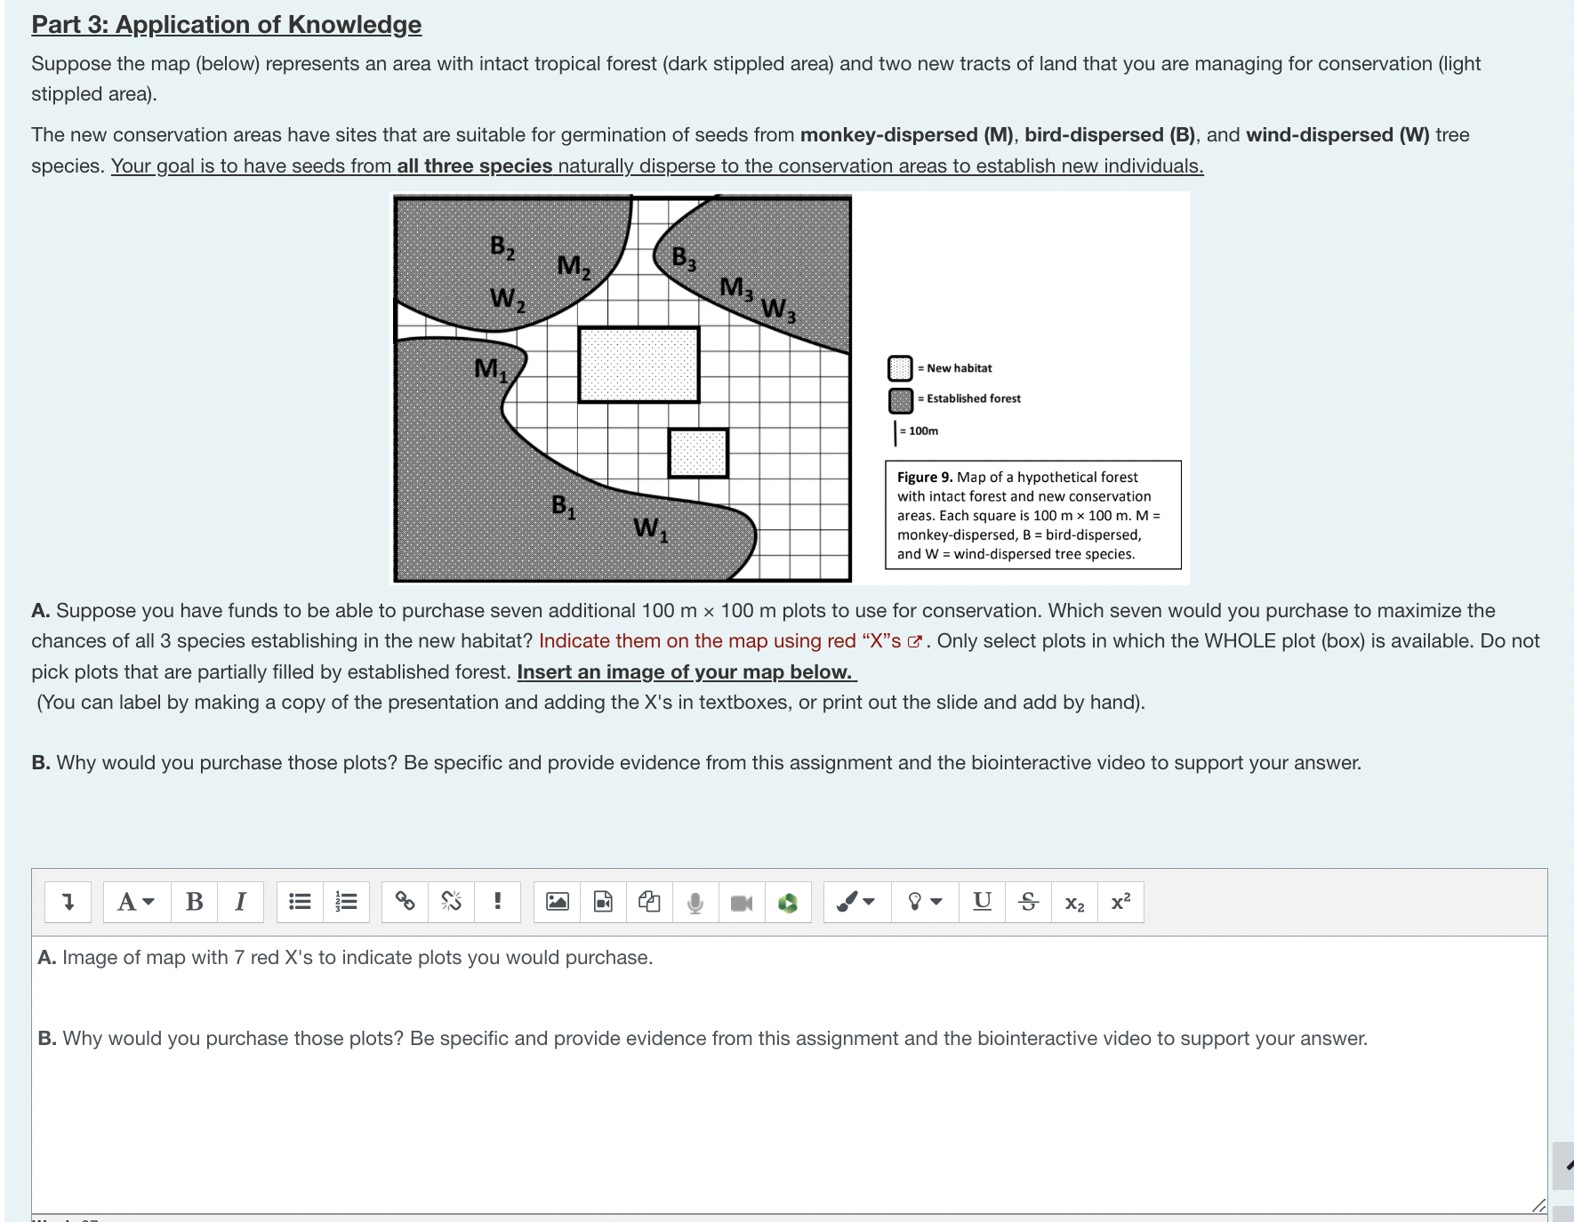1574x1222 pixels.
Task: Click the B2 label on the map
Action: coord(502,247)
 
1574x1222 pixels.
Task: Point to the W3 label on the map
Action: coord(778,310)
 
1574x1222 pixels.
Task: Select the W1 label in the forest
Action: coord(650,529)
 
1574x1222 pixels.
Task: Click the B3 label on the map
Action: coord(684,259)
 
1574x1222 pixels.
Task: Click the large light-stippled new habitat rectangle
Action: coord(638,365)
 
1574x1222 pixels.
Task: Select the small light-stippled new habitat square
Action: coord(698,453)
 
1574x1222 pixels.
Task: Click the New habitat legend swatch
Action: coord(900,368)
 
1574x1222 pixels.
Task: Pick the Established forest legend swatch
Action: coord(900,399)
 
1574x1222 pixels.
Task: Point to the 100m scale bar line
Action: coord(895,432)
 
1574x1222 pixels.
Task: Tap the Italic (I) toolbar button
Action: coord(240,902)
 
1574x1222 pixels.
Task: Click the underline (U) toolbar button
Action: coord(982,902)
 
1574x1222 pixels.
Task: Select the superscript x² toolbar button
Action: coord(1120,902)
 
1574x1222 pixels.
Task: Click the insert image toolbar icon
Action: coord(557,902)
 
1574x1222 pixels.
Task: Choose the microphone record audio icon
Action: coord(695,902)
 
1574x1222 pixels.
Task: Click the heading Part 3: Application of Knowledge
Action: coord(227,25)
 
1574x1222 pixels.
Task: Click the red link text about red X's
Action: coord(719,641)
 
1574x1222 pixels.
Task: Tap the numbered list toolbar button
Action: coord(346,902)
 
